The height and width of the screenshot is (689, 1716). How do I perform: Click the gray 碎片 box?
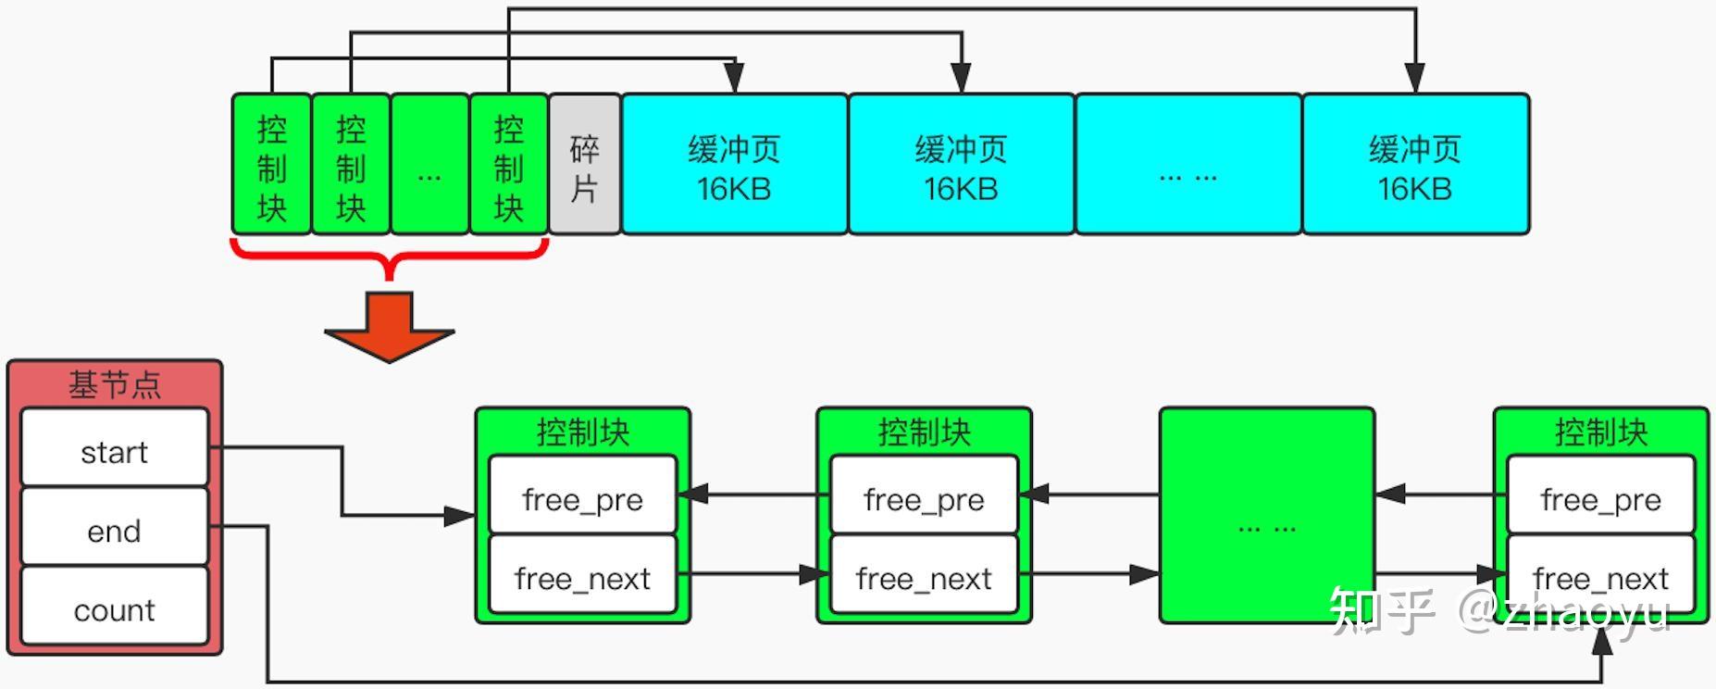(585, 164)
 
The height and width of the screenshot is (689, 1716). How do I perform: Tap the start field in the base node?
(115, 448)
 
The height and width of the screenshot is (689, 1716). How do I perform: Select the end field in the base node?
(115, 527)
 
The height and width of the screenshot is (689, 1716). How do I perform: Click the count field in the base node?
(115, 607)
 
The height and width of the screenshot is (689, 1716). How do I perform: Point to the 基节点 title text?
(115, 384)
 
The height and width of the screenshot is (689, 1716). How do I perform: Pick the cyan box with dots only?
(1188, 164)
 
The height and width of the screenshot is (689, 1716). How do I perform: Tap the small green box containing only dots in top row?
(430, 164)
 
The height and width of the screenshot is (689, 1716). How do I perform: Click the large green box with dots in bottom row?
(1267, 515)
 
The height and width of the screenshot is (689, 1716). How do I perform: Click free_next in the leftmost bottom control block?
(583, 574)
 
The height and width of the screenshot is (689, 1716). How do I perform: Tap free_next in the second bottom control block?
(925, 574)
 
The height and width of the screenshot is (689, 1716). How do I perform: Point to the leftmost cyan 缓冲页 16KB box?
(735, 164)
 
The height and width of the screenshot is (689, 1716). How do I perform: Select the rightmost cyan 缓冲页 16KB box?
(1416, 164)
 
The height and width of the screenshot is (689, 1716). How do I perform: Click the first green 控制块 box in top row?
(272, 164)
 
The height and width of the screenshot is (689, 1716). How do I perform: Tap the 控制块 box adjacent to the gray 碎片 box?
(509, 164)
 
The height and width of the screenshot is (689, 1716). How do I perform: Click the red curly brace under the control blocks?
(390, 253)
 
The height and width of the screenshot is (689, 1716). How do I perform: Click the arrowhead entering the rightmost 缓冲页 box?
(1414, 79)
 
